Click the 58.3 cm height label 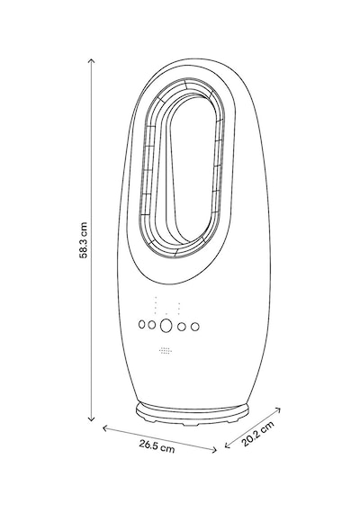(84, 240)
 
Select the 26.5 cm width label (157, 446)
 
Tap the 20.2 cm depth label (258, 434)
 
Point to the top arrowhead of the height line (92, 60)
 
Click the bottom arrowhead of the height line (92, 419)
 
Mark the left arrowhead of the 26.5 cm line (105, 427)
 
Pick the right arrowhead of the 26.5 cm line (214, 450)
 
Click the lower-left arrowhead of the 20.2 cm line (227, 445)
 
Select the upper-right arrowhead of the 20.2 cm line (278, 409)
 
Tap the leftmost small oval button (141, 325)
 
